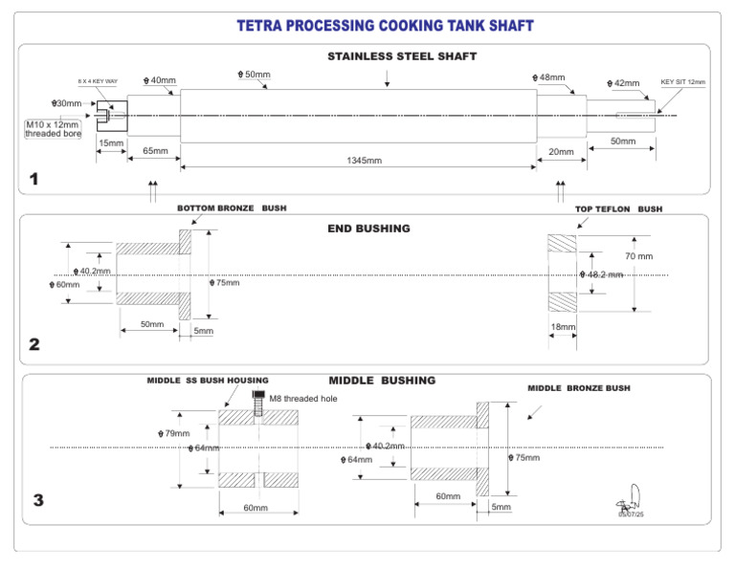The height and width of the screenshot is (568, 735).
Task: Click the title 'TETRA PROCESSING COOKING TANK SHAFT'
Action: (385, 25)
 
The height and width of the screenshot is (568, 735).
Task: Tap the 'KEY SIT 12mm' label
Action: (682, 82)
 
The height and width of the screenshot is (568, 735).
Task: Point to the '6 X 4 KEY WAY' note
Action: (100, 82)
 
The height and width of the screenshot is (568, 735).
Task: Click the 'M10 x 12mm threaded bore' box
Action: (53, 128)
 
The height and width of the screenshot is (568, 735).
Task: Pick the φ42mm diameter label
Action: (623, 83)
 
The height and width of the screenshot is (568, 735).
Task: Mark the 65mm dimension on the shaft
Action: (154, 151)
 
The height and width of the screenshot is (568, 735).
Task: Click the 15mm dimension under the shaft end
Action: (111, 142)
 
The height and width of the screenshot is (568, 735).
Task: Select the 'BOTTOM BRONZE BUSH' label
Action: (231, 208)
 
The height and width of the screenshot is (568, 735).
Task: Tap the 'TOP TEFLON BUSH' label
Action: (617, 208)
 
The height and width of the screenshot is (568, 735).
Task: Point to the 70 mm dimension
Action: (638, 256)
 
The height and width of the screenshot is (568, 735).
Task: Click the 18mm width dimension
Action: (562, 327)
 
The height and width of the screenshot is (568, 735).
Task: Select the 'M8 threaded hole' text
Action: (301, 398)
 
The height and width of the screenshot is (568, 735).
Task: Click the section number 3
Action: (37, 499)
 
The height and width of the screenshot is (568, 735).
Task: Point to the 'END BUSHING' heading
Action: (368, 229)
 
